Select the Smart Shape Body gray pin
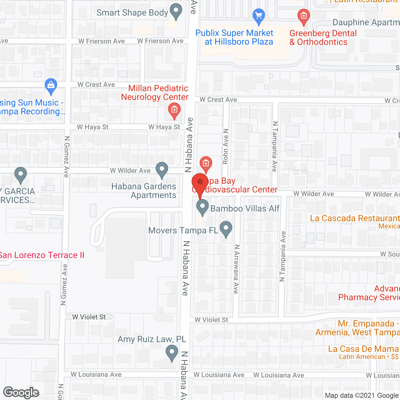[x=176, y=11]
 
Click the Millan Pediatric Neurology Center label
[x=155, y=92]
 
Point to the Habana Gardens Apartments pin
[x=162, y=170]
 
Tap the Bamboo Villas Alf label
[x=245, y=208]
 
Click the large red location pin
[x=200, y=183]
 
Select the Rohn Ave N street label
[x=226, y=146]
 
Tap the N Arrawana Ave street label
[x=236, y=269]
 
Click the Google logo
[x=21, y=392]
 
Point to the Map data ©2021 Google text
[x=362, y=395]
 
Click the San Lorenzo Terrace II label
[x=42, y=255]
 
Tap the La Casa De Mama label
[x=363, y=349]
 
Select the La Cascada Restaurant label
[x=355, y=218]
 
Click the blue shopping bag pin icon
[x=51, y=86]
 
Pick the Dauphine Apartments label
[x=366, y=22]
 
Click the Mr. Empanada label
[x=366, y=324]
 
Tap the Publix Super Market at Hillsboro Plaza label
[x=234, y=37]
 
